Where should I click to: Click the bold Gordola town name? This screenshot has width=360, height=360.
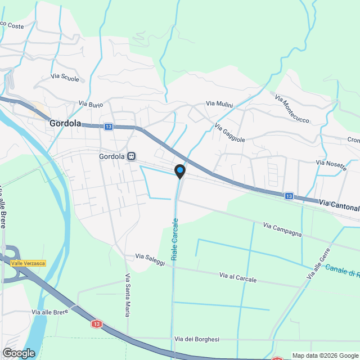click(65, 123)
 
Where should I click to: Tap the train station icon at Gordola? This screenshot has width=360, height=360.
click(131, 156)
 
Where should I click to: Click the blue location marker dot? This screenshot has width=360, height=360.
click(180, 170)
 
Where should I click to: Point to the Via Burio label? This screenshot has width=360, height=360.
click(91, 104)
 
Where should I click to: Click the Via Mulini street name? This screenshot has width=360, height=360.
click(219, 103)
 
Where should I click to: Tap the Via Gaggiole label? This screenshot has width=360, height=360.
click(230, 133)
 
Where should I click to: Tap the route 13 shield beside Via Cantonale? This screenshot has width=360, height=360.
click(289, 196)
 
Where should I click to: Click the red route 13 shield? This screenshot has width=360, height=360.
click(96, 324)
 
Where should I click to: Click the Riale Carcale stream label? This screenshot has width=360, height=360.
click(175, 238)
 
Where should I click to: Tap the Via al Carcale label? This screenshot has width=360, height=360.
click(238, 277)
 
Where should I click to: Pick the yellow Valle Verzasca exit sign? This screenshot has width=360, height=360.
click(28, 263)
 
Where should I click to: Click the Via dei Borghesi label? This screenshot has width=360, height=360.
click(196, 339)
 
